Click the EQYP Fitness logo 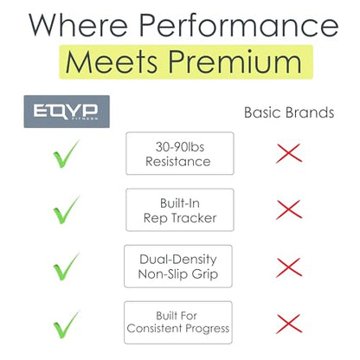(67, 112)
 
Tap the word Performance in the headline (239, 25)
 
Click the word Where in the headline (78, 25)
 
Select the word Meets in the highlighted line (112, 62)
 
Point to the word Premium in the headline (235, 62)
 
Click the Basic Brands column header (289, 112)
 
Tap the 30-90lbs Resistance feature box (180, 153)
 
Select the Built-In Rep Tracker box (180, 210)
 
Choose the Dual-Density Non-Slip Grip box (178, 267)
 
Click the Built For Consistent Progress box (178, 323)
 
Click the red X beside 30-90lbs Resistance (289, 153)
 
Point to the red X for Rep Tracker (289, 209)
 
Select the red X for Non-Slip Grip (289, 267)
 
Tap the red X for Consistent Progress (289, 324)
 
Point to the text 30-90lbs (180, 147)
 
